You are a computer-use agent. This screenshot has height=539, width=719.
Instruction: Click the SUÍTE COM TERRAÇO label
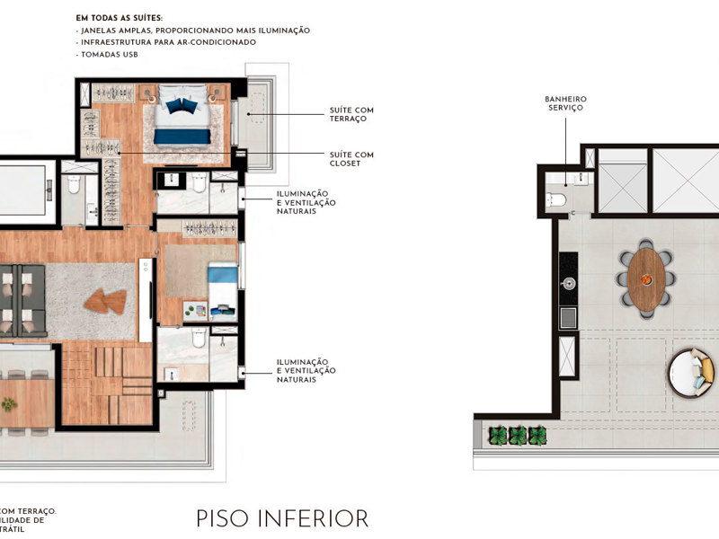pos(351,114)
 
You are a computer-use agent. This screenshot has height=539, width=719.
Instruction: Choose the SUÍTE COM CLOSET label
pos(351,159)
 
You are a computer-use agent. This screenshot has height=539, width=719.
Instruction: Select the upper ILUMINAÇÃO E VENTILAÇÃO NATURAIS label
pos(306,202)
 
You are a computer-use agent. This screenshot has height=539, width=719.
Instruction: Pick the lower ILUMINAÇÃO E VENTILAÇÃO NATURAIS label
pos(306,370)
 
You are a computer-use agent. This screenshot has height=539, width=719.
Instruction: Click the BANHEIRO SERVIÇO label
pos(564,103)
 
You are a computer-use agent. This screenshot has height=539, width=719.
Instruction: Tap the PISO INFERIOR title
pos(282,518)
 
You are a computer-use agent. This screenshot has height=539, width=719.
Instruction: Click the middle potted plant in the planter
pos(518,436)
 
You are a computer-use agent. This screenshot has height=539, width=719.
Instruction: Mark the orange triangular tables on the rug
pos(105,302)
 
